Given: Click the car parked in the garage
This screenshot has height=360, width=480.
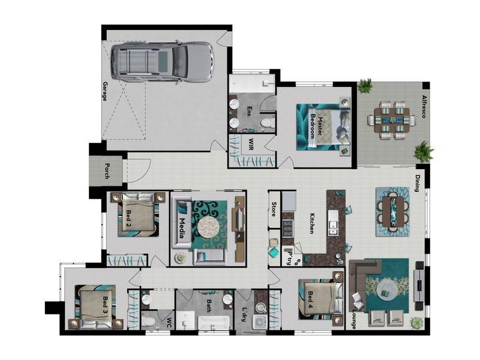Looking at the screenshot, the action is click(161, 62).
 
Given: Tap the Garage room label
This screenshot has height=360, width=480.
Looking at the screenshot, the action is click(105, 91).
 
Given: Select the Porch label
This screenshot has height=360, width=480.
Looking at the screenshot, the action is click(107, 171).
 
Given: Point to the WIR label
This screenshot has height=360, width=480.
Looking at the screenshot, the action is click(251, 144).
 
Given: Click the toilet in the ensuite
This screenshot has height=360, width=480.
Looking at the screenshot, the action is click(267, 123).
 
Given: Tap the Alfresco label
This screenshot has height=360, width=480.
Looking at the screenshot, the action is click(424, 107).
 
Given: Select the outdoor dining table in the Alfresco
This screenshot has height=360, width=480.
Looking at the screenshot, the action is click(392, 119).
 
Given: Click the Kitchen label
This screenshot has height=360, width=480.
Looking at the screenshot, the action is click(311, 223).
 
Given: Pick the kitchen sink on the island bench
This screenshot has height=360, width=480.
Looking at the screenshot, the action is click(333, 223).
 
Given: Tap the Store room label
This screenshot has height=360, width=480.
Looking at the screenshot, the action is click(274, 209).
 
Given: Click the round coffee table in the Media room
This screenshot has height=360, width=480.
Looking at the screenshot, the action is click(208, 227).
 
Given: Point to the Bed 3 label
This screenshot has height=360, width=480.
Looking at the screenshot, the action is click(105, 305).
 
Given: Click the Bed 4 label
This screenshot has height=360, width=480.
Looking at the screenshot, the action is click(310, 299).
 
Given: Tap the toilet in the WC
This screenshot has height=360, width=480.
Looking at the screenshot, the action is click(149, 321).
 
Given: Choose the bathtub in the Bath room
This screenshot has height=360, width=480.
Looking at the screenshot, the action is click(214, 323).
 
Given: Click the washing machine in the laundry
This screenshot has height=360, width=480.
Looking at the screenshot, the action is click(260, 323).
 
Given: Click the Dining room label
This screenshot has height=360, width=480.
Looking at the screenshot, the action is click(417, 183).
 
